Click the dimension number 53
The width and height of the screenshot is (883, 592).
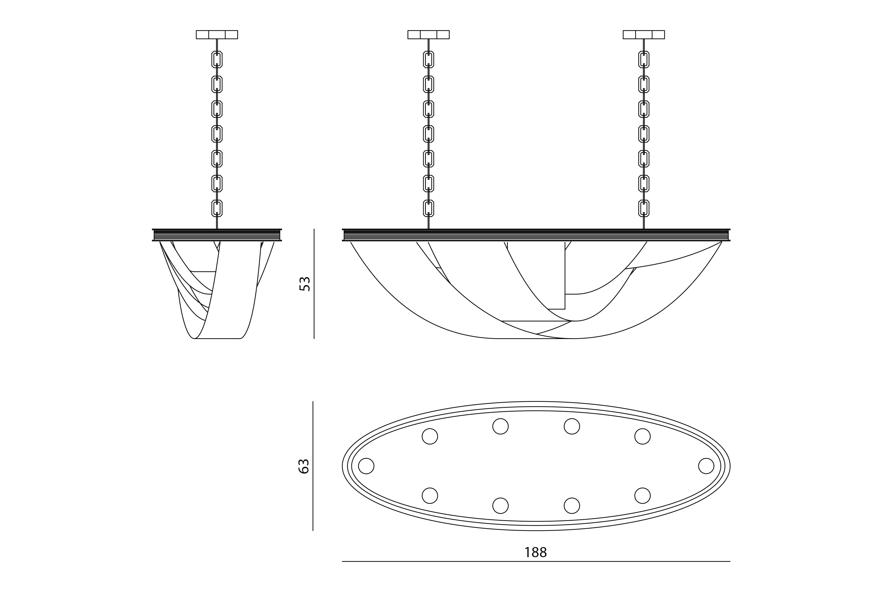[304, 284]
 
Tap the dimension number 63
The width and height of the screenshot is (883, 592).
[304, 466]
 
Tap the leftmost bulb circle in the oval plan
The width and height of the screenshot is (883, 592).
[366, 466]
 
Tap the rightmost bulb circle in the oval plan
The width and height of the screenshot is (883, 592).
[706, 466]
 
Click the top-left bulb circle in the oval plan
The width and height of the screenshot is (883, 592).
[430, 436]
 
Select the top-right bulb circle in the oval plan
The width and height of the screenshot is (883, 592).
[643, 436]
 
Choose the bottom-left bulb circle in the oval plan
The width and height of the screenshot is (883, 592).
[430, 496]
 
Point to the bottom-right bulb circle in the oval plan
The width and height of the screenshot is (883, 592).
[643, 496]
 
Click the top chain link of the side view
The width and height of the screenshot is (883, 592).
[217, 59]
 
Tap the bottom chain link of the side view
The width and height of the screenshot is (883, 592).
[217, 208]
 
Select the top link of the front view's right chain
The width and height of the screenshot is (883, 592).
[644, 59]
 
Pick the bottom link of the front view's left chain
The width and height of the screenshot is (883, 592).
[428, 208]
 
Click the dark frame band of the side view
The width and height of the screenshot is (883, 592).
[217, 235]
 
